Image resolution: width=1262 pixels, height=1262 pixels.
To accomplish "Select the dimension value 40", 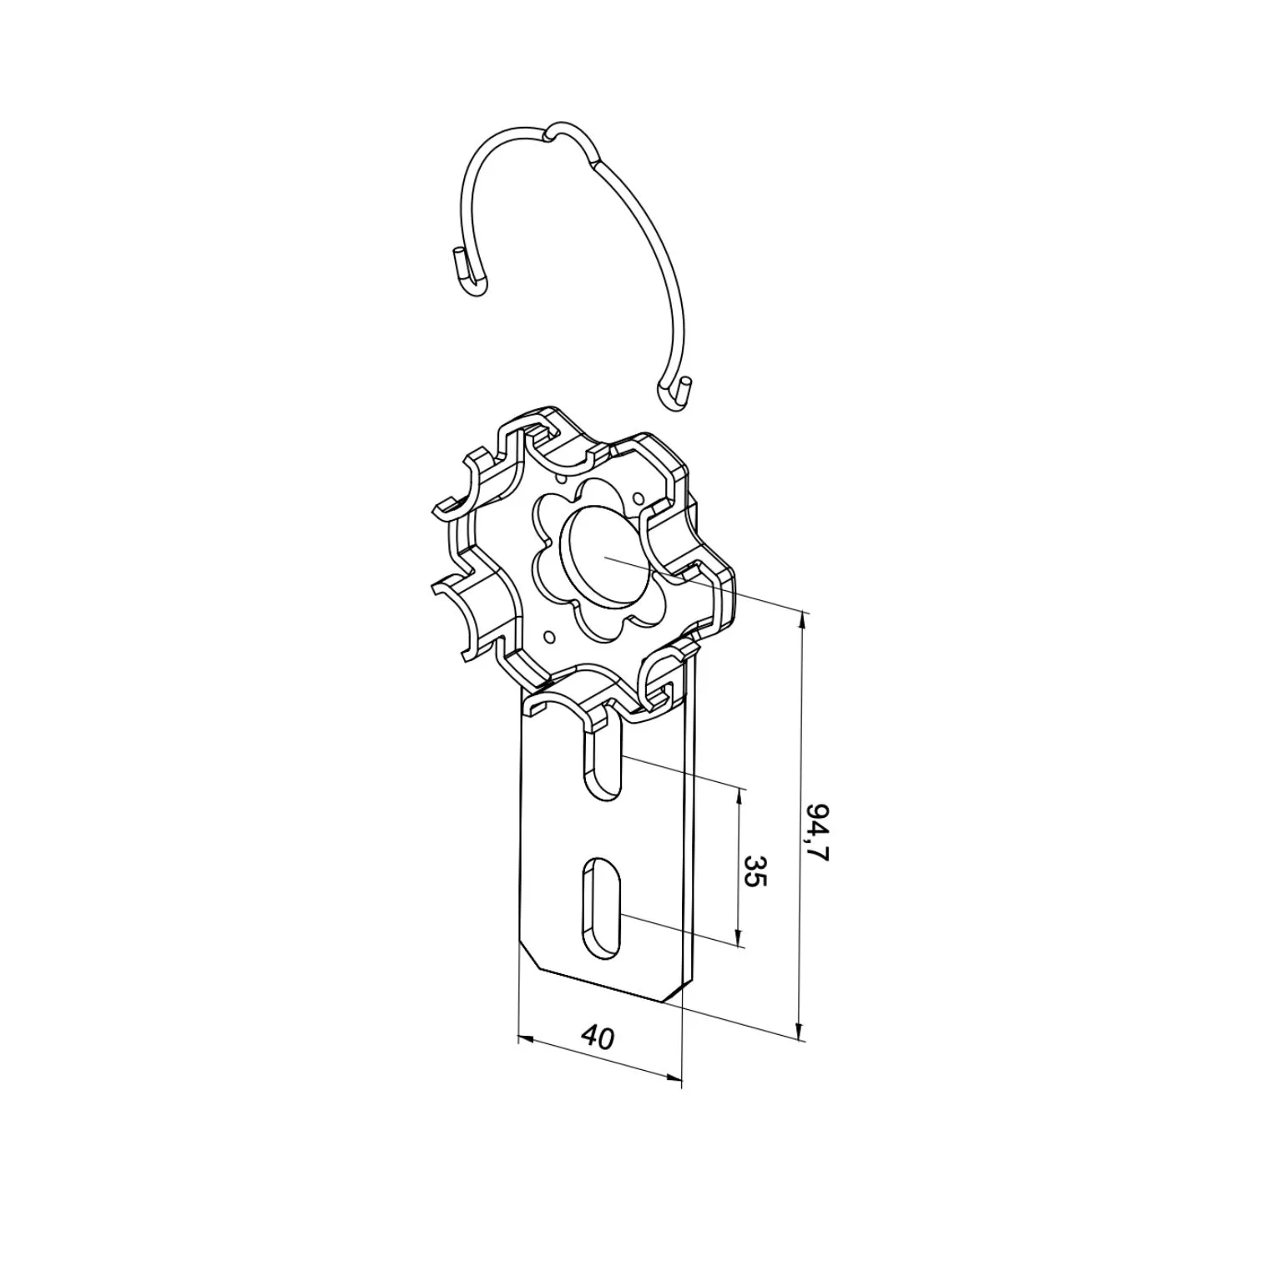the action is coord(598,1037).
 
